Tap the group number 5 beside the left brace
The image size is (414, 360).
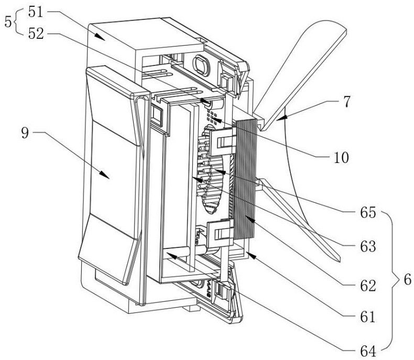pyautogui.click(x=7, y=23)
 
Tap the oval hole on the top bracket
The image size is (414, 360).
pyautogui.click(x=201, y=64)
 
